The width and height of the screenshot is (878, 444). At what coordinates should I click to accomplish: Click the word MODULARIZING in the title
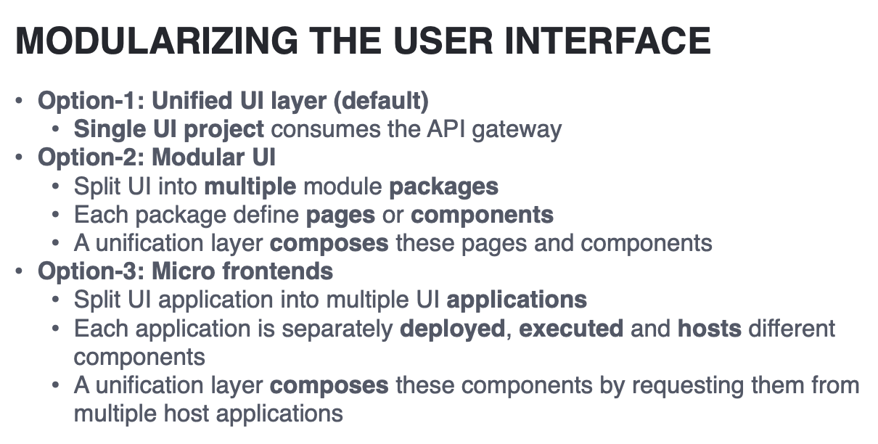click(157, 41)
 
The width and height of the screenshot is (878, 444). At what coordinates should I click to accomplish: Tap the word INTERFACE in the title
click(607, 41)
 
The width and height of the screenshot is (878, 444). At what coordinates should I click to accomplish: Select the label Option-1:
click(91, 101)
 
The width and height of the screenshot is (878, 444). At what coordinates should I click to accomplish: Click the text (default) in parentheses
click(381, 101)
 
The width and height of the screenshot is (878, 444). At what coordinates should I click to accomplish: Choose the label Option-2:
click(91, 157)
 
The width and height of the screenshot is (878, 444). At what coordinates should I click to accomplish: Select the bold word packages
click(443, 187)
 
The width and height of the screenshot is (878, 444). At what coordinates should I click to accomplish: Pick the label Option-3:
click(91, 271)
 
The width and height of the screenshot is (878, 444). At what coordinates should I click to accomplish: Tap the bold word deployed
click(452, 329)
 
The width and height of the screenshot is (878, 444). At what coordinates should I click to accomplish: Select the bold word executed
click(571, 329)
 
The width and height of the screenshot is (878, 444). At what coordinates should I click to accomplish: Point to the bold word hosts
click(710, 329)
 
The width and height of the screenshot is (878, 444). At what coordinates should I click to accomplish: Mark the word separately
click(337, 329)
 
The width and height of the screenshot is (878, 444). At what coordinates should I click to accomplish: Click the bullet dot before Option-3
click(19, 271)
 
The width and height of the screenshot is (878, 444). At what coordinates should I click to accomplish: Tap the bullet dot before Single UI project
click(55, 128)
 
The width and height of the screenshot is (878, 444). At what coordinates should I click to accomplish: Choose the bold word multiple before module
click(250, 187)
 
